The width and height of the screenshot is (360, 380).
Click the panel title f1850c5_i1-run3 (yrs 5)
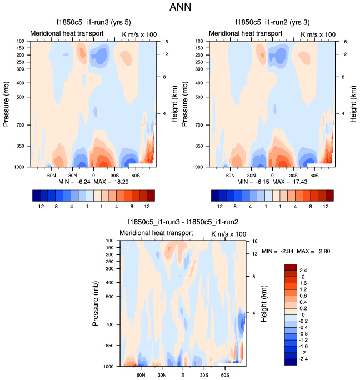click(93, 23)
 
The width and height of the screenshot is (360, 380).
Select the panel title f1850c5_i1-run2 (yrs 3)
click(273, 23)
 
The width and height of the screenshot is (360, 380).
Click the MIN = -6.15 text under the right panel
click(251, 182)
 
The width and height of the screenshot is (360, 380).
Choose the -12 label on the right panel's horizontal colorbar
click(219, 206)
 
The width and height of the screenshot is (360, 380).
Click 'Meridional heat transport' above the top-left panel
click(66, 33)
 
